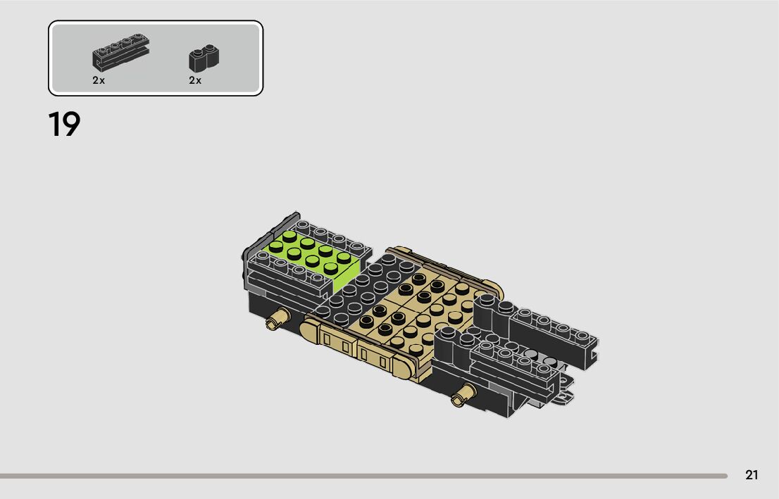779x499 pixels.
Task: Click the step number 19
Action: [64, 124]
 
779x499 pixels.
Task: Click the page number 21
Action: [752, 475]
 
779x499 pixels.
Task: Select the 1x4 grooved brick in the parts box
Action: [120, 52]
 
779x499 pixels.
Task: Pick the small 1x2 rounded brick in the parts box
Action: [204, 58]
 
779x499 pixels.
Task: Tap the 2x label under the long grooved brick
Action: [99, 80]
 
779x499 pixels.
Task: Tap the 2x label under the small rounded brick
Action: [194, 80]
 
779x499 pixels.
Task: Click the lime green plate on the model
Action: [313, 259]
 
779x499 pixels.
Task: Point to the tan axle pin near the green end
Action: [278, 318]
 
